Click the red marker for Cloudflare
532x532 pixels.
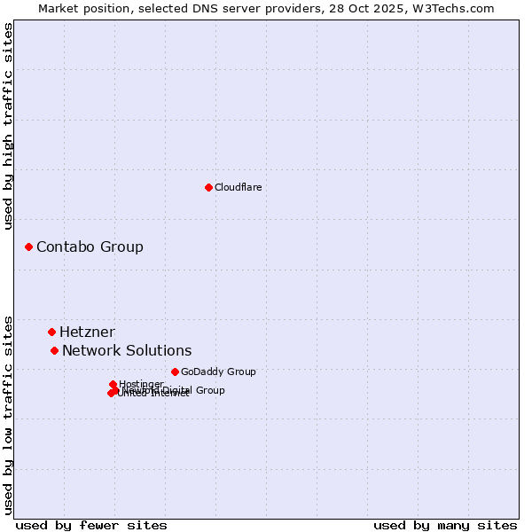click(x=208, y=187)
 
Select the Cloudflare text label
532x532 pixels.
click(x=238, y=187)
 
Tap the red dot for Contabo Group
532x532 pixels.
click(x=28, y=246)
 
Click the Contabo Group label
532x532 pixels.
click(x=90, y=246)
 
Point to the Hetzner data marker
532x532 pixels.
click(x=51, y=332)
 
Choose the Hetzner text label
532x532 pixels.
click(x=87, y=332)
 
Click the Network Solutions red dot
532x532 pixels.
click(x=54, y=350)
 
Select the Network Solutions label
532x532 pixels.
click(x=127, y=351)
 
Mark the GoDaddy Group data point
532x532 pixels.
click(x=175, y=372)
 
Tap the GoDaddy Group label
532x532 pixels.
click(x=218, y=372)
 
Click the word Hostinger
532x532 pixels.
click(x=141, y=384)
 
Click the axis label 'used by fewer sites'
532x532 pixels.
click(x=91, y=525)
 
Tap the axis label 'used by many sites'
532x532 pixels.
click(x=445, y=525)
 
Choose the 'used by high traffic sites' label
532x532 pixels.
click(x=8, y=126)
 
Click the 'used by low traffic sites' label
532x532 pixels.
click(x=8, y=414)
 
